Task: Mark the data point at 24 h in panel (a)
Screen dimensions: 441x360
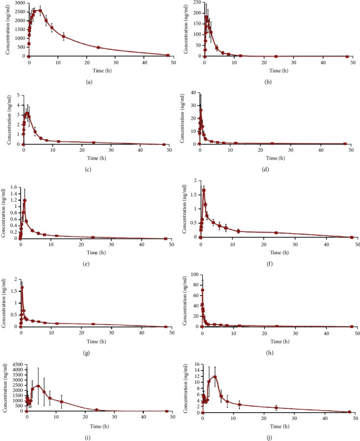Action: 98,48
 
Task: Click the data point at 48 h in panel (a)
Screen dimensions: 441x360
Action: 168,55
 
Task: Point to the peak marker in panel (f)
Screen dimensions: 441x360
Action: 204,190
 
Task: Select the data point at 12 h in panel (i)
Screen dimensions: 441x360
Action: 61,402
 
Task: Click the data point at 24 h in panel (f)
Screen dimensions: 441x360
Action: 276,233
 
